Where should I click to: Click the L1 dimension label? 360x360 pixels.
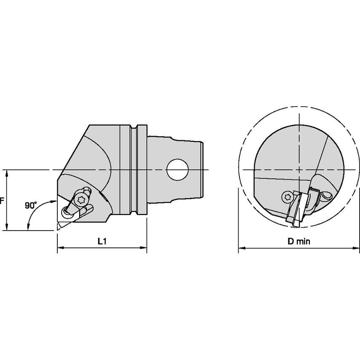[x=101, y=241]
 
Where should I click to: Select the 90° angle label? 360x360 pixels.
[x=30, y=205]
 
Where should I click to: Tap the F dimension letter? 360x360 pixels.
[x=2, y=201]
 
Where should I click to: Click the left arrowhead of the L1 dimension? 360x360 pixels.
[x=59, y=248]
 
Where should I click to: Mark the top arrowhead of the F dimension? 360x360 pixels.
[x=7, y=172]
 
